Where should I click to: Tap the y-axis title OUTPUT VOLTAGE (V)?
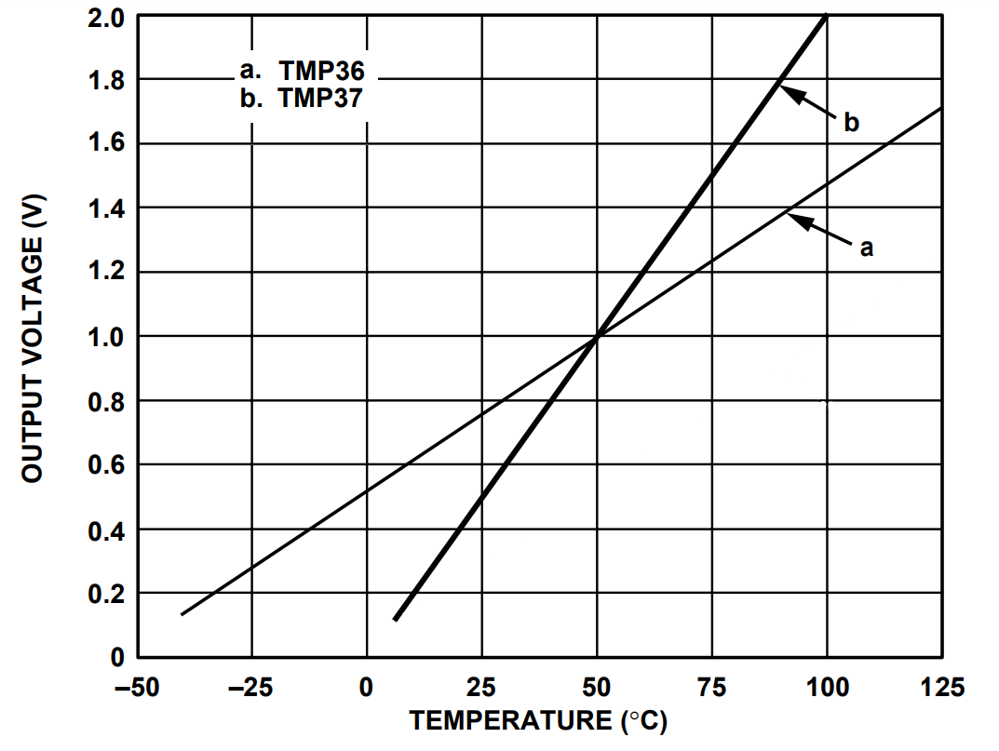pos(34,337)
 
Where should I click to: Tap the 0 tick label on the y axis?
pos(117,658)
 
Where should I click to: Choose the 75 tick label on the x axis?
pos(711,688)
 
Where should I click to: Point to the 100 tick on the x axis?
pos(827,688)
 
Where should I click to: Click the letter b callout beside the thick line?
pos(851,123)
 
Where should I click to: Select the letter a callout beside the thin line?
pos(866,248)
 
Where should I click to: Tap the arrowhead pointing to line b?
pos(784,89)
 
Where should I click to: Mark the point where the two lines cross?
pos(597,336)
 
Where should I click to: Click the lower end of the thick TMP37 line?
pos(396,619)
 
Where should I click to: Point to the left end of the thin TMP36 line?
pos(182,614)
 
